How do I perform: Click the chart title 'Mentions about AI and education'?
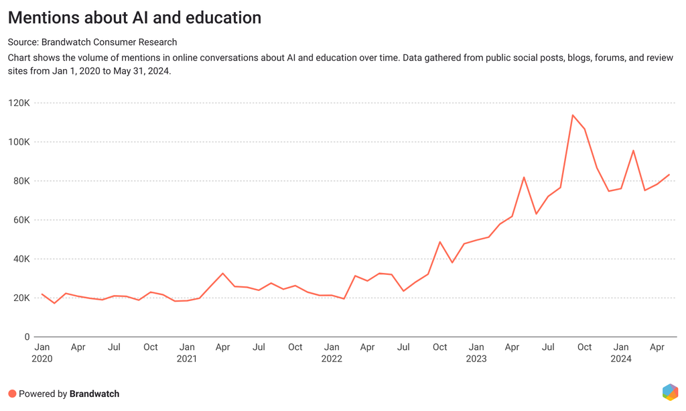coord(135,17)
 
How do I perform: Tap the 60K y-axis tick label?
coord(21,220)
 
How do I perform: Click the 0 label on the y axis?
coord(27,337)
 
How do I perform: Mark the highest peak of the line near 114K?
coord(573,115)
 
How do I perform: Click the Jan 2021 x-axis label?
coord(187,353)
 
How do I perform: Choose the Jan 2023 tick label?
coord(476,353)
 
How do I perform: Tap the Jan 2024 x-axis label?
coord(621,353)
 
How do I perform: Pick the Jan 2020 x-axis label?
coord(42,353)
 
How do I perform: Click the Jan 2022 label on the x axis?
coord(332,353)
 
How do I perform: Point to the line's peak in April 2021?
coord(223,274)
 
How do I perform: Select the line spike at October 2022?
coord(440,242)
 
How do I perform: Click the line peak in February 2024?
coord(633,150)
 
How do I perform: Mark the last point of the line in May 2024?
coord(669,175)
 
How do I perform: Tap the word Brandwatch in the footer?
coord(94,394)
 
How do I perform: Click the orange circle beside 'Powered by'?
coord(12,394)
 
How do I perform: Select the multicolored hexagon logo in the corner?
coord(669,392)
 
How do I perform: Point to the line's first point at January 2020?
coord(42,294)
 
